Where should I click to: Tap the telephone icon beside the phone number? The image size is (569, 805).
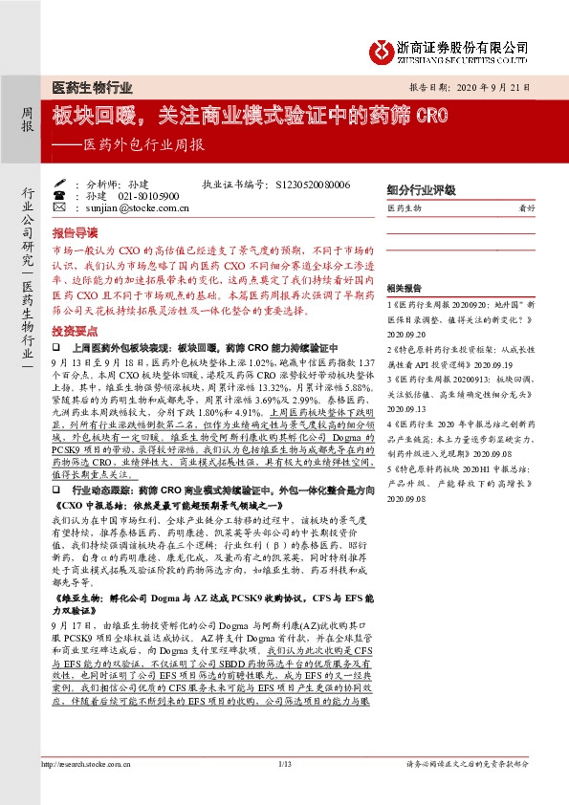coord(61,195)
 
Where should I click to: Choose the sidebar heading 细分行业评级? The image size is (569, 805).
coord(421,190)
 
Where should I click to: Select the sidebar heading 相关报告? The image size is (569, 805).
coord(405,288)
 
